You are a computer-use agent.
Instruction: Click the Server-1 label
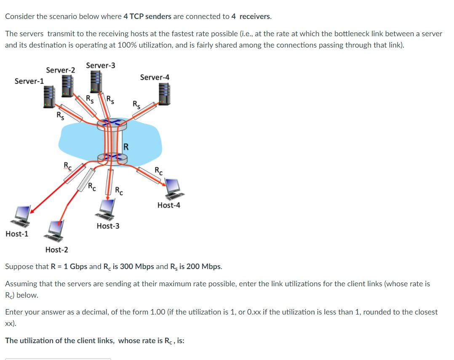pyautogui.click(x=29, y=81)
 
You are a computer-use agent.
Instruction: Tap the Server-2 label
pyautogui.click(x=61, y=70)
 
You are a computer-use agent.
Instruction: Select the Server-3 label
pyautogui.click(x=101, y=65)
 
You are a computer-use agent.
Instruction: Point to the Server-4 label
pyautogui.click(x=155, y=77)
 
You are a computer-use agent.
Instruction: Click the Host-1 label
pyautogui.click(x=17, y=234)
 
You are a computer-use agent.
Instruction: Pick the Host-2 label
pyautogui.click(x=57, y=250)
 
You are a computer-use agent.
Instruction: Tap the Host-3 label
pyautogui.click(x=108, y=226)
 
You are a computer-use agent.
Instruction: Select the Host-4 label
pyautogui.click(x=169, y=205)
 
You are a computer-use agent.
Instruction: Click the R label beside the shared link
pyautogui.click(x=126, y=147)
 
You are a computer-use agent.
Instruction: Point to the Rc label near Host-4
pyautogui.click(x=158, y=171)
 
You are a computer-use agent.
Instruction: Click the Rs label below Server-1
pyautogui.click(x=61, y=115)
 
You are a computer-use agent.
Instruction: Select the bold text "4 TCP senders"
pyautogui.click(x=147, y=16)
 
